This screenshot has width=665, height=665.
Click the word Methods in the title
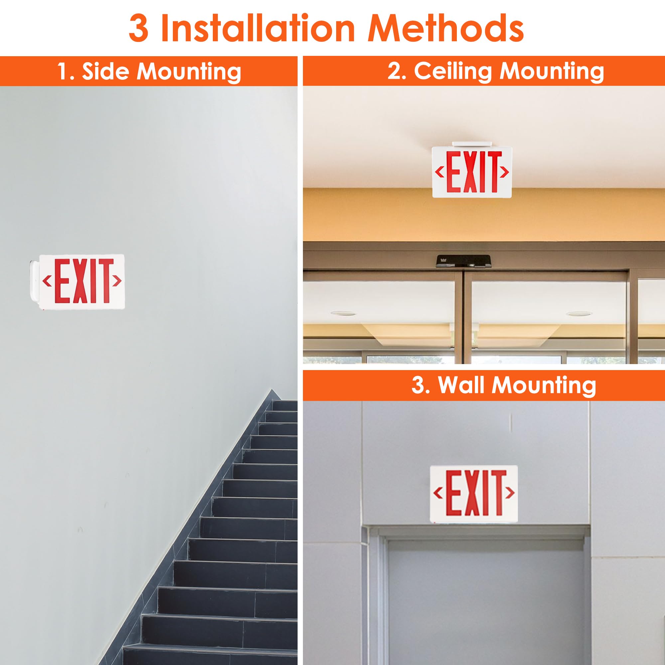coord(446,29)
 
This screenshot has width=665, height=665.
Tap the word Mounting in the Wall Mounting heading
coord(544,385)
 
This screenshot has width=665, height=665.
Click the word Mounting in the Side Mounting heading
coord(189,72)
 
